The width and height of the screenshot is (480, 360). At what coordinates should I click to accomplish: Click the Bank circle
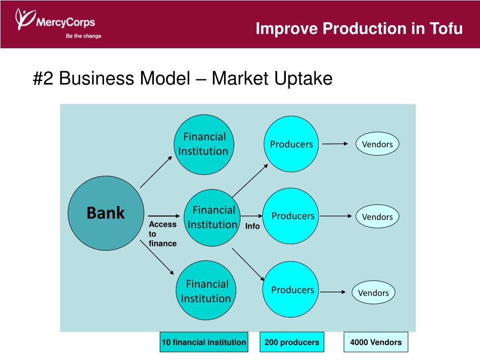point(105,213)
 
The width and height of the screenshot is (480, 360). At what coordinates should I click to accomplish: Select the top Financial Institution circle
point(204,144)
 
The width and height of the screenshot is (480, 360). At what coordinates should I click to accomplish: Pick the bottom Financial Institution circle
point(205,291)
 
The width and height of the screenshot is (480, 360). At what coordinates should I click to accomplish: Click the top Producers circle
point(291,144)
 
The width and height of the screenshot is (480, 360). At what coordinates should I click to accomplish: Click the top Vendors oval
point(377,144)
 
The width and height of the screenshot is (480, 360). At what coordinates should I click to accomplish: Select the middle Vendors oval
point(377,217)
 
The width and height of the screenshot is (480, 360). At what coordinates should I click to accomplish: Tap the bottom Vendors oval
point(374,293)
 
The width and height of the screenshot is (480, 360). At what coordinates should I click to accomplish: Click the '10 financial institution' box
point(203,342)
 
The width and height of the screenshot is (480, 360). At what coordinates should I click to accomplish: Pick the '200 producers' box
point(292,342)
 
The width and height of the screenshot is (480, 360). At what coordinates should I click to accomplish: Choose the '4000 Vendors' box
point(375,342)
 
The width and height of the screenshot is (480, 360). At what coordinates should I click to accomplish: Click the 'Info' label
point(252,226)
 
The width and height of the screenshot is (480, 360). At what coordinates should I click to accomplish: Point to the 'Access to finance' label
point(162,233)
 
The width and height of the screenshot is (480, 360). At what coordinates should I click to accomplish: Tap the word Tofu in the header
point(445,29)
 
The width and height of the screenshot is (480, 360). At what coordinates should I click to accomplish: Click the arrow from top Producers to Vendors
point(335,144)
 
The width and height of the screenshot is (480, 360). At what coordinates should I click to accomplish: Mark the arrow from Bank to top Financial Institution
point(156,172)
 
